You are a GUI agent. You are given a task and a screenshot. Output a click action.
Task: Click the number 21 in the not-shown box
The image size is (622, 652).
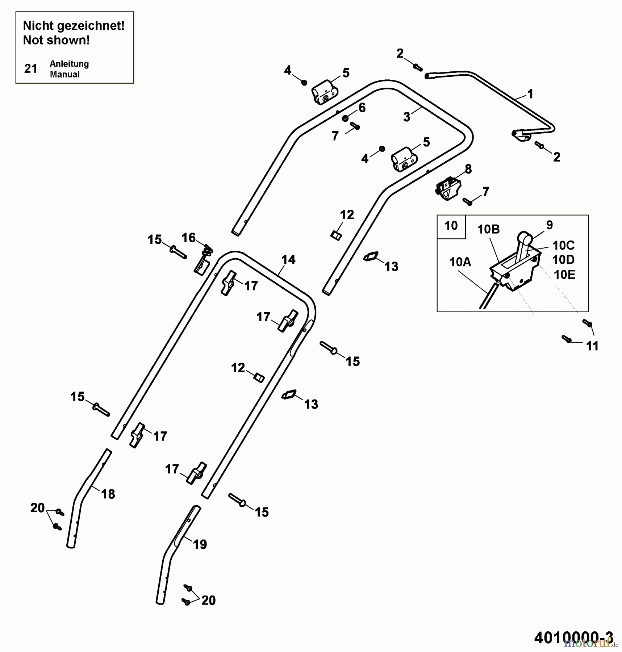pos(31,68)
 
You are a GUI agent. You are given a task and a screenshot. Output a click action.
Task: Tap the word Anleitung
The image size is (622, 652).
pos(69,64)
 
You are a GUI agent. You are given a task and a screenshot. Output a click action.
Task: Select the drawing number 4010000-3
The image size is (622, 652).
pos(573,637)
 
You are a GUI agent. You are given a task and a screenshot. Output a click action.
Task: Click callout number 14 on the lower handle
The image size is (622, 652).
pos(288,259)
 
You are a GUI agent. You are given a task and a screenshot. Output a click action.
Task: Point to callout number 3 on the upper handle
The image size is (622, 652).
pos(406,117)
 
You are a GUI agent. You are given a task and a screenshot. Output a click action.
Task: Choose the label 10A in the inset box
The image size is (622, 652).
pos(460,262)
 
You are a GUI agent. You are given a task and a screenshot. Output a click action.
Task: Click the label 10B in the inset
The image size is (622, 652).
pos(488,229)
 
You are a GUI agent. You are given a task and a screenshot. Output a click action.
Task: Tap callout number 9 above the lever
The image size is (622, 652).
pos(549,225)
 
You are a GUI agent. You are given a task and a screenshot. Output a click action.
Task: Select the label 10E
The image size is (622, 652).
pos(564,275)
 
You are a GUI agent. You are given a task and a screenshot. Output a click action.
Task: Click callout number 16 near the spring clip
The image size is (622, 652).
pos(189,238)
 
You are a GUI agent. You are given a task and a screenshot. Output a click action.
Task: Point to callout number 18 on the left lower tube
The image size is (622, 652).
pos(108,494)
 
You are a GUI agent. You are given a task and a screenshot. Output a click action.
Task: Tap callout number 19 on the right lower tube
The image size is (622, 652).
pos(200,544)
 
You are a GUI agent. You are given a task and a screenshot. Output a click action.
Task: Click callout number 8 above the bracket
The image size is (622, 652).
pos(468,169)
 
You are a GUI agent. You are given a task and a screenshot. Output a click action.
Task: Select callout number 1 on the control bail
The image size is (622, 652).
pos(530,94)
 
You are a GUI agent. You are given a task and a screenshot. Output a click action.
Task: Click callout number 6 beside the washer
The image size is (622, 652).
pos(362,108)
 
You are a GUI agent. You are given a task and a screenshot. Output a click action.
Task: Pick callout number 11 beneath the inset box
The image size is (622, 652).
pos(592,346)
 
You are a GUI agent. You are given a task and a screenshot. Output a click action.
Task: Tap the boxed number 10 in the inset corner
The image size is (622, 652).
pos(451,226)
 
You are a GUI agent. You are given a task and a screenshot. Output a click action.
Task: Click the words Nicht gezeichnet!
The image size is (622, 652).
pos(74,26)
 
